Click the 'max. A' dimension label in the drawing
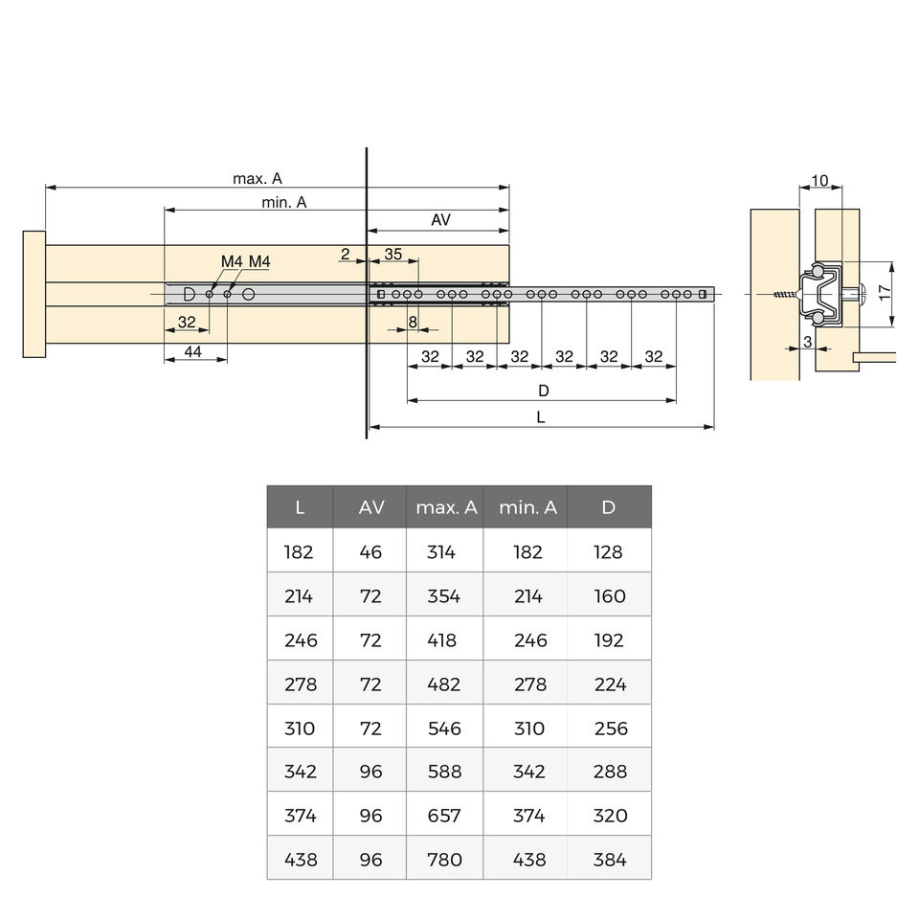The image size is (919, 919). click(x=258, y=178)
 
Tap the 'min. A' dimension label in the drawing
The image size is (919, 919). click(x=284, y=202)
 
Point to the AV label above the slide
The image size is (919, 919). click(x=440, y=220)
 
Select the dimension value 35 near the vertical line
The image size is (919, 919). click(x=393, y=254)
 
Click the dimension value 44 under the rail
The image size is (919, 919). click(x=192, y=351)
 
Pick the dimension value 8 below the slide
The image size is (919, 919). click(x=413, y=322)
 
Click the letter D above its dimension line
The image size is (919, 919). click(x=544, y=391)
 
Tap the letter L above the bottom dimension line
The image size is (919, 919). click(x=540, y=417)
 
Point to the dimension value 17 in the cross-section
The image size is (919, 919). click(x=885, y=293)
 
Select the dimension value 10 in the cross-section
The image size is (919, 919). click(x=819, y=181)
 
